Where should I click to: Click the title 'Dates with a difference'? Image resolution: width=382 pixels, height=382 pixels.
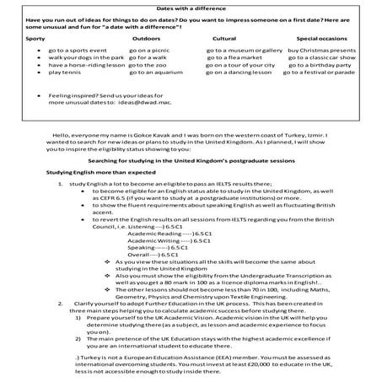point(191,8)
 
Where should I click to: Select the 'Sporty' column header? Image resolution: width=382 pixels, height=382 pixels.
point(35,38)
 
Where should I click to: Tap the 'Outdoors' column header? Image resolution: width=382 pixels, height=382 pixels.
point(146,38)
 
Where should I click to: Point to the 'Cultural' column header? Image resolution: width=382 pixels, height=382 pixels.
point(224,38)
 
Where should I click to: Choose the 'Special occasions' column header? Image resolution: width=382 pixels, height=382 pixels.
point(321,38)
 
